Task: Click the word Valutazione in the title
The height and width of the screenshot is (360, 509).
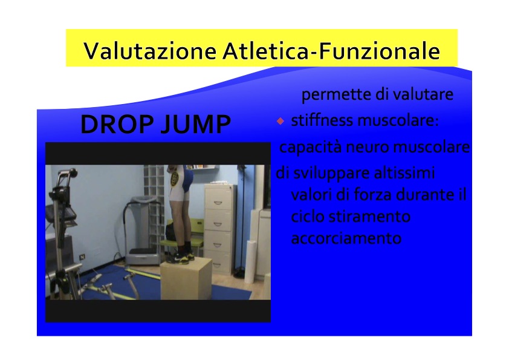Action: pyautogui.click(x=150, y=51)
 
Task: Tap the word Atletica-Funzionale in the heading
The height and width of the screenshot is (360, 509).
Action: pyautogui.click(x=331, y=51)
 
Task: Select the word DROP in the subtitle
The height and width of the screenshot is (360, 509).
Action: pyautogui.click(x=117, y=124)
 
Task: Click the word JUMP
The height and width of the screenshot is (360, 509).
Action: pyautogui.click(x=196, y=124)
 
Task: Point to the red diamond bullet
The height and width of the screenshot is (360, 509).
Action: pyautogui.click(x=280, y=121)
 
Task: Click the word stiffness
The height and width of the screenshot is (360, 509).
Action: pyautogui.click(x=322, y=120)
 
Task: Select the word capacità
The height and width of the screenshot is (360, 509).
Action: pyautogui.click(x=311, y=147)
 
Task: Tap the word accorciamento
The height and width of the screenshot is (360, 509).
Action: pyautogui.click(x=346, y=238)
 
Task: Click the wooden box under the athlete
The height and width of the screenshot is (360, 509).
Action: pyautogui.click(x=186, y=279)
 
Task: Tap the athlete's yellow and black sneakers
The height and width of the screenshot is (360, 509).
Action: pyautogui.click(x=180, y=257)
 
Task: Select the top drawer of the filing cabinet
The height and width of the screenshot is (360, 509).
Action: pyautogui.click(x=218, y=197)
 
